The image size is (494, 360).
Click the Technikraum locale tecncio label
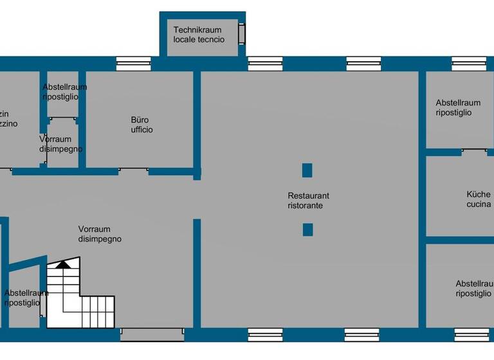[x=199, y=35]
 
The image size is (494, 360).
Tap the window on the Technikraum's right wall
[x=242, y=33]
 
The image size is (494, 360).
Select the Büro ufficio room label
[x=142, y=125]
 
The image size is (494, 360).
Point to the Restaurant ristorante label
[x=308, y=201]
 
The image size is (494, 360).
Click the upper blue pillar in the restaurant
[x=307, y=170]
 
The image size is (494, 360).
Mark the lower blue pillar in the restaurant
[x=307, y=230]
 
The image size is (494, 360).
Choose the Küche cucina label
[x=479, y=199]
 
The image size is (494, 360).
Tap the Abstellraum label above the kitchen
[x=457, y=107]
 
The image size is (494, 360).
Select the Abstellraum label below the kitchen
[x=473, y=288]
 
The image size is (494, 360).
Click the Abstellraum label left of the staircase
[x=26, y=298]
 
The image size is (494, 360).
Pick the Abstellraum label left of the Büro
[x=64, y=92]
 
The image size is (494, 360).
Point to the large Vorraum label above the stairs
[x=100, y=234]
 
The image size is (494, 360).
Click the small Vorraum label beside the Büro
[x=60, y=144]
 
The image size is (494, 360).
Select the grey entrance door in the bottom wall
[x=152, y=334]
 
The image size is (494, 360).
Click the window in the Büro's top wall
[x=133, y=64]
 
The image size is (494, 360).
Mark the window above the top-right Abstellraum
[x=468, y=64]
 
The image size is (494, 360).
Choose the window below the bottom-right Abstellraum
[x=471, y=334]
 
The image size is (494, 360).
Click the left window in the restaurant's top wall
[x=265, y=64]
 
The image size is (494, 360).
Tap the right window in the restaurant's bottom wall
[x=361, y=334]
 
